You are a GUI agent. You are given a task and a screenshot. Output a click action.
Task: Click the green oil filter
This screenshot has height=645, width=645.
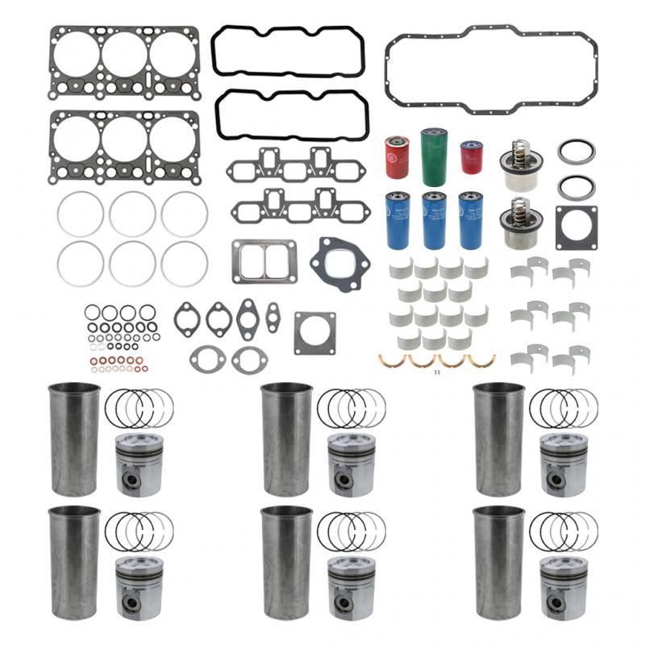coord(433,156)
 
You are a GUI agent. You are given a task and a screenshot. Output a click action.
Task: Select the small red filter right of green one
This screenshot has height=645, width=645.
coord(470,156)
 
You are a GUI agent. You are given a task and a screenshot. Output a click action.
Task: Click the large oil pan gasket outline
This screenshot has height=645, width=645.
coord(491,37)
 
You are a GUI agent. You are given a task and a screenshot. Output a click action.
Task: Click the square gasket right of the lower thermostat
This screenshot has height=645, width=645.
coord(576,227)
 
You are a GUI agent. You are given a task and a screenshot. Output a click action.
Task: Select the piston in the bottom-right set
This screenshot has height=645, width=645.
coord(563,588)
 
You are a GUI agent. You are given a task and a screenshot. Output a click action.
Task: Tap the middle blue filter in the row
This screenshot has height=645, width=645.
coord(434,219)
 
